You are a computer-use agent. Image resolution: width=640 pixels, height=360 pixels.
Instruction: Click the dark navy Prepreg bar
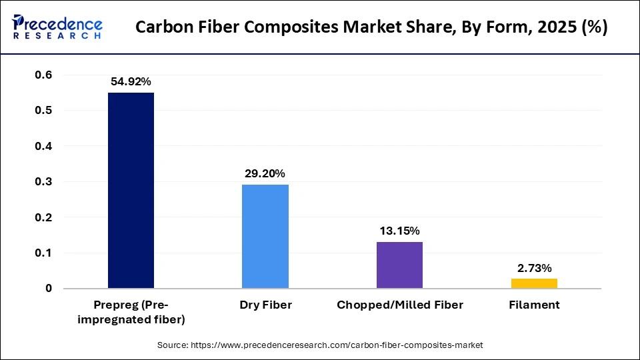(x=131, y=190)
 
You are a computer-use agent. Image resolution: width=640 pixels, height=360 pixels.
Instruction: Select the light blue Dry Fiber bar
(x=265, y=236)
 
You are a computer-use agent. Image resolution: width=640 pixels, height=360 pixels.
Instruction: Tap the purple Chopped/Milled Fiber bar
(x=399, y=265)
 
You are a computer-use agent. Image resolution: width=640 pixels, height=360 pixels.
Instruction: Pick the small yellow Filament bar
(x=534, y=283)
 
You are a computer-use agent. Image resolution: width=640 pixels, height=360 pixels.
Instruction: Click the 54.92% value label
(x=131, y=81)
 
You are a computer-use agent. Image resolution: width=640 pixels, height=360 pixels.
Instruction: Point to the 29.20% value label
(x=265, y=173)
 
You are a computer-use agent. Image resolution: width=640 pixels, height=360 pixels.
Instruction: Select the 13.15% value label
(x=399, y=231)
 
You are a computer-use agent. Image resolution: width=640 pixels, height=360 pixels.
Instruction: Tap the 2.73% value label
(x=534, y=268)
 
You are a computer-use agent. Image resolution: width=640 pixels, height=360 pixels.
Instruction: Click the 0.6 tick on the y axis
(x=43, y=75)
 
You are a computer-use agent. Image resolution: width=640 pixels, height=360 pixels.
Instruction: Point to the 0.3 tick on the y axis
(x=43, y=181)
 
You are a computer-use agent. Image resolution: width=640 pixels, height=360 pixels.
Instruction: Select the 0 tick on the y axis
(x=49, y=289)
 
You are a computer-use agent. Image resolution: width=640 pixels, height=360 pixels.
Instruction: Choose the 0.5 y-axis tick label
(x=43, y=110)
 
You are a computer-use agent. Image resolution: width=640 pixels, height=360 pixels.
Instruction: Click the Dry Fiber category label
(x=265, y=305)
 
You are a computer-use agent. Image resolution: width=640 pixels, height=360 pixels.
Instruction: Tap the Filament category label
(x=534, y=305)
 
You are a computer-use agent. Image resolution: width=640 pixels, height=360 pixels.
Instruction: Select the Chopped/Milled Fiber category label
(x=399, y=305)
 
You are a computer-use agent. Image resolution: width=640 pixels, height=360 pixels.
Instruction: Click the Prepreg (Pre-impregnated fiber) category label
(x=131, y=312)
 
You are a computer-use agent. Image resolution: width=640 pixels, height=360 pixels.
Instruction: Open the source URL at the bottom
(x=320, y=345)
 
